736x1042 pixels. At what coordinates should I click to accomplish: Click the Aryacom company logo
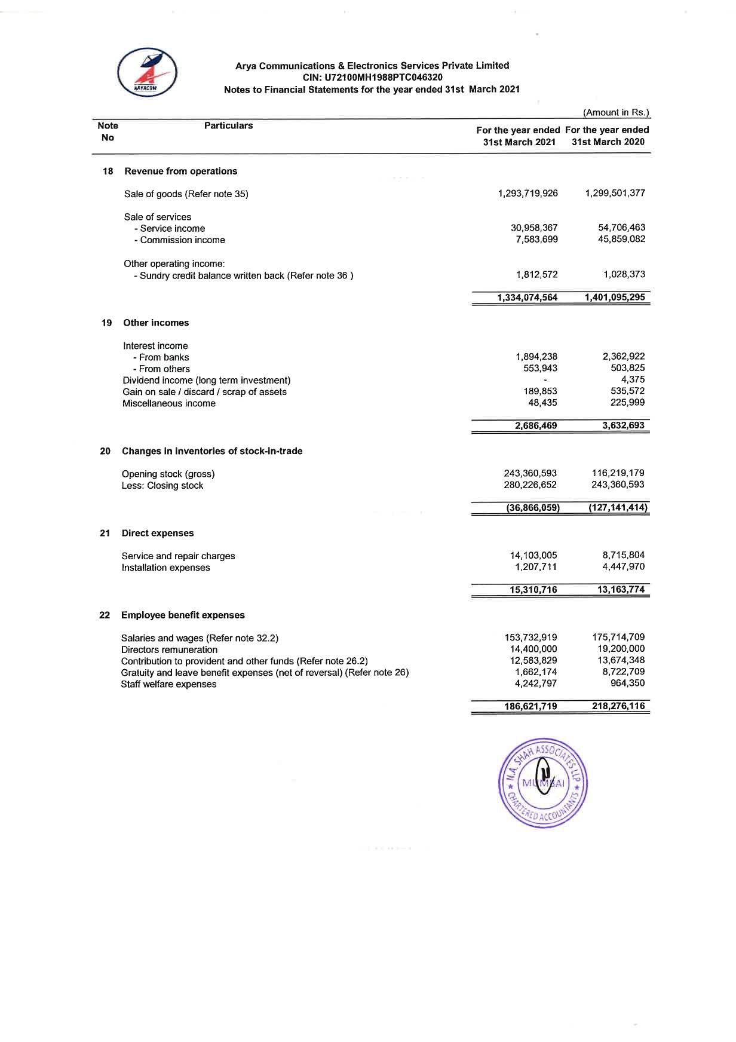[147, 72]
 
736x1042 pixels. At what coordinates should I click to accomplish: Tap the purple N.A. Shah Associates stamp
[542, 782]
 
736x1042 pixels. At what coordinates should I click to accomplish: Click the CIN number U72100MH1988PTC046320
[373, 77]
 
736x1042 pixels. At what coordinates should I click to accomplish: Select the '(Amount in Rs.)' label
[616, 112]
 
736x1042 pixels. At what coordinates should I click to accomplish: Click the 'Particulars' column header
[228, 125]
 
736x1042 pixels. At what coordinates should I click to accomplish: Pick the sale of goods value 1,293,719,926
[528, 193]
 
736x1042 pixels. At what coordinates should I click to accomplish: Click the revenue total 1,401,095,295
[615, 297]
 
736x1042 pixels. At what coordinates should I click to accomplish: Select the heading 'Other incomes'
[156, 323]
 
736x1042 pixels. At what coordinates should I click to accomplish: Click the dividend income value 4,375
[633, 379]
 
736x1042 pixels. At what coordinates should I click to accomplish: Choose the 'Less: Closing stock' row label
[162, 486]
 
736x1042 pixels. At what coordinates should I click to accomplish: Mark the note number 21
[105, 533]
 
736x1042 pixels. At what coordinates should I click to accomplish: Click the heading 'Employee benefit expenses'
[183, 615]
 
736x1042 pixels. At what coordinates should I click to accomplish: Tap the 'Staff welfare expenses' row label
[168, 684]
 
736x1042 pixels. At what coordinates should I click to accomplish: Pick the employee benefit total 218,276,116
[618, 706]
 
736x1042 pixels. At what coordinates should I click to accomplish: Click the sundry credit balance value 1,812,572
[536, 274]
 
